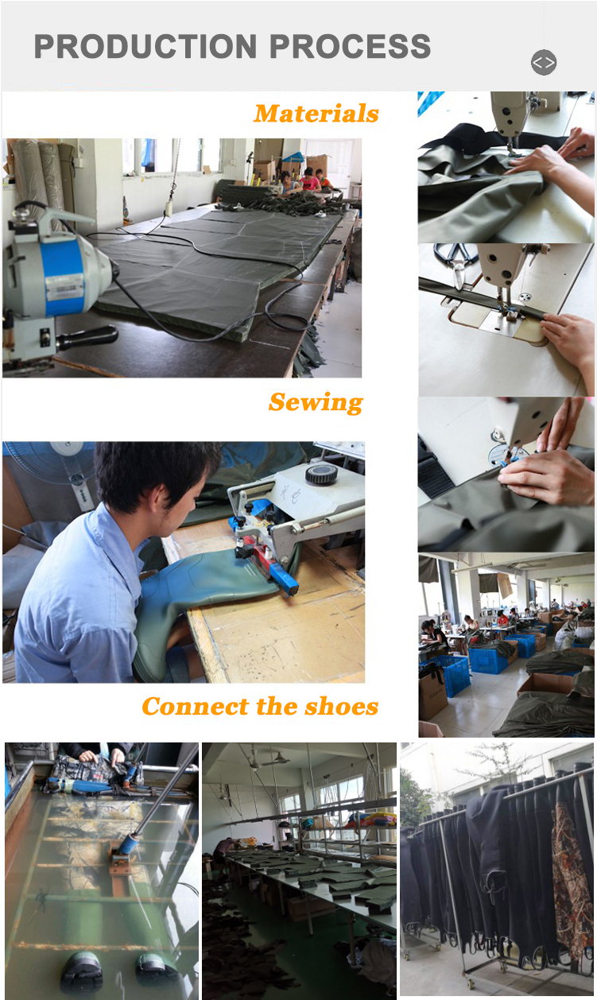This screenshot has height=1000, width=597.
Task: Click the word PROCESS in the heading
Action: [x=351, y=47]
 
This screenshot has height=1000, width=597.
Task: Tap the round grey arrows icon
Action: [x=544, y=62]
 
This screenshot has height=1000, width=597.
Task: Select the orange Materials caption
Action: [x=316, y=114]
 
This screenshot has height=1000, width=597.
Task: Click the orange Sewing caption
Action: [x=316, y=402]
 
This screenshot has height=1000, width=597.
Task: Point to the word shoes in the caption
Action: [x=336, y=706]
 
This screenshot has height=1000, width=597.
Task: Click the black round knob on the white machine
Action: [x=321, y=475]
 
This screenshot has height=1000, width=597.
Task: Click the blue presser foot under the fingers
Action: [x=507, y=459]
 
